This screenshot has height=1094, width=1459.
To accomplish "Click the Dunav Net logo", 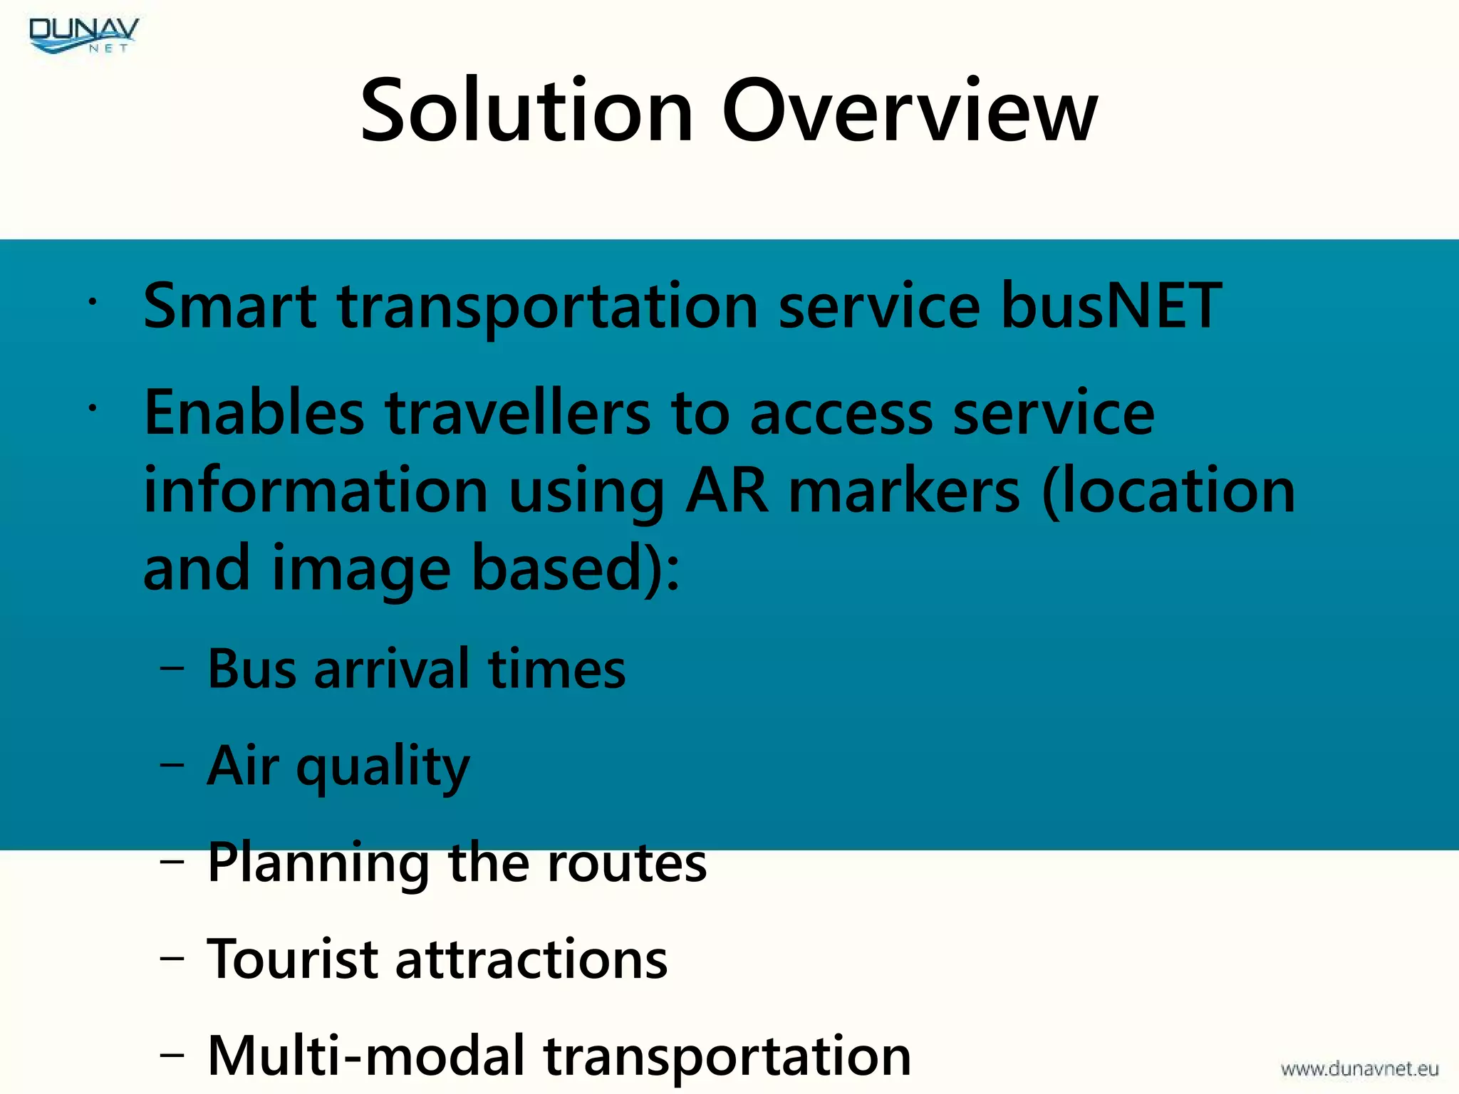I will [x=84, y=35].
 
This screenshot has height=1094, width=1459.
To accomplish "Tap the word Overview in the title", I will [x=910, y=111].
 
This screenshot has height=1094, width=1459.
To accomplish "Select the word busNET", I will [x=1111, y=306].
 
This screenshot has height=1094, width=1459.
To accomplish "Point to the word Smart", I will [x=229, y=306].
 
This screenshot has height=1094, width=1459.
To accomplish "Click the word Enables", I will [x=254, y=412].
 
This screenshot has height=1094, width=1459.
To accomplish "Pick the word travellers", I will [x=518, y=412].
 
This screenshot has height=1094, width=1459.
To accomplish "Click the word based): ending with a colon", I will [x=576, y=568].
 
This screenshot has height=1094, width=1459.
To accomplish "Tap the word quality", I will [x=383, y=767].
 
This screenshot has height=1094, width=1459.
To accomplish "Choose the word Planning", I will [x=318, y=863].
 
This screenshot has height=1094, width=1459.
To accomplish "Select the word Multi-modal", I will [x=366, y=1056].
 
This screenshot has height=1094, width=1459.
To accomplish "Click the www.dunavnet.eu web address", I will [x=1359, y=1068].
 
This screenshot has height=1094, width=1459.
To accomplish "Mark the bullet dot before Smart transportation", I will [x=91, y=302].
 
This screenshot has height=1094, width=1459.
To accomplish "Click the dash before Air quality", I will [x=172, y=765].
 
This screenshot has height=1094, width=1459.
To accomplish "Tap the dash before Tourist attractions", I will [x=172, y=959].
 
